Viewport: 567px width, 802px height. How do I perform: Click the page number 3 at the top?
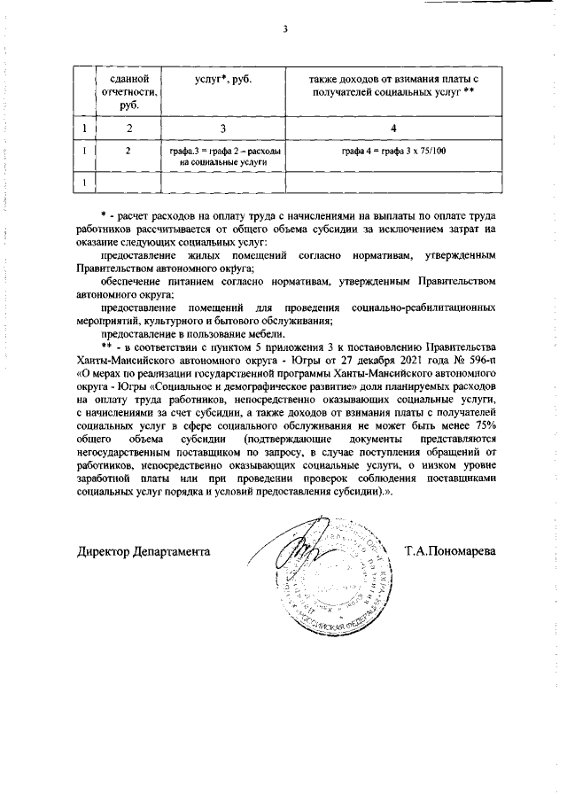pos(285,28)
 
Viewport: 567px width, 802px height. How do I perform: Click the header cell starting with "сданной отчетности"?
pos(128,92)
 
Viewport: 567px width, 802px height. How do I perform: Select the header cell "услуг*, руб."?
pos(222,80)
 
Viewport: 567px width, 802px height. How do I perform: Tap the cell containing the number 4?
pos(393,129)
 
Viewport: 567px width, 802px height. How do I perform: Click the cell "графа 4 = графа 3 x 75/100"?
pos(393,152)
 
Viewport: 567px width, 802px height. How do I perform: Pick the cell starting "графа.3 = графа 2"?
pos(222,157)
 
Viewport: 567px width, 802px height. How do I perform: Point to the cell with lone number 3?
pos(222,129)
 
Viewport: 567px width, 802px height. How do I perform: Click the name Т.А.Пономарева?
pos(450,551)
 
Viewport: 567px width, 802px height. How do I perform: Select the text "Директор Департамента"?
pos(144,551)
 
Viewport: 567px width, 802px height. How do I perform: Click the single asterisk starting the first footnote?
pos(104,215)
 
